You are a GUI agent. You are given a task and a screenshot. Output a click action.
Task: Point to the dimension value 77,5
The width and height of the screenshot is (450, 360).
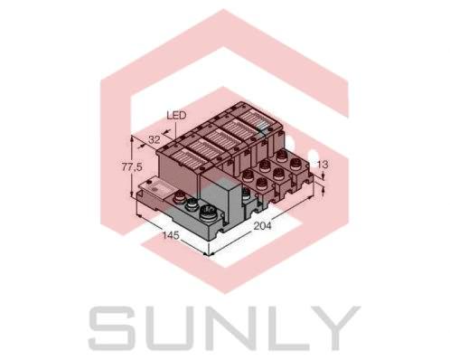132,169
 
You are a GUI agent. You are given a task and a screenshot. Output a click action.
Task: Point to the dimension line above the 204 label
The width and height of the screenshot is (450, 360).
271,217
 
